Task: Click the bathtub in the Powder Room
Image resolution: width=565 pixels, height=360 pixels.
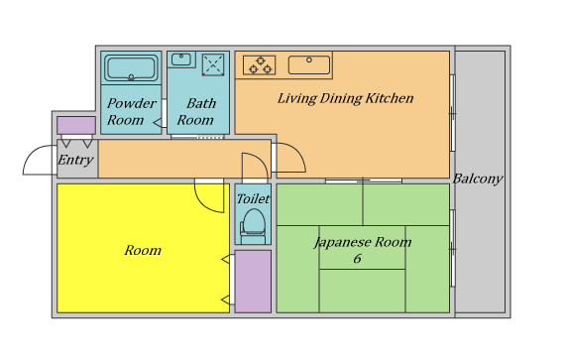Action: point(131,67)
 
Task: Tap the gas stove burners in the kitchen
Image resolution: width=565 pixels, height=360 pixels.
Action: point(260,65)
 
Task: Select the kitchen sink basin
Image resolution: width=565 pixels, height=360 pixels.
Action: point(309,64)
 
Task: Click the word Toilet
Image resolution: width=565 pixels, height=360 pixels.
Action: point(253,198)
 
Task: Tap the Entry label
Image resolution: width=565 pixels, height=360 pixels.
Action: point(75,160)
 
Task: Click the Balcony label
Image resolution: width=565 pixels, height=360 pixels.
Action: point(478,179)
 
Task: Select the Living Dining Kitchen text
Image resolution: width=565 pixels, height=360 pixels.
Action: point(346,98)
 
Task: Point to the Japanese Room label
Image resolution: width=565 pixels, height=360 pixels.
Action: point(363,242)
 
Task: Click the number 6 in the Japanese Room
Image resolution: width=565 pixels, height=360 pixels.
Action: point(358,259)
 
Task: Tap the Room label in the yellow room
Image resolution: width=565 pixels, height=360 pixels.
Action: point(143,250)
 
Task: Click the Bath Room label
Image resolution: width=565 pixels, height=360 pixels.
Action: point(196,111)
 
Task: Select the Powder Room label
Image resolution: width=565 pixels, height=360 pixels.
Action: point(131,111)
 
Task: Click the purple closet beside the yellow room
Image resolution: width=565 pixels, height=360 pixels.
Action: point(253,282)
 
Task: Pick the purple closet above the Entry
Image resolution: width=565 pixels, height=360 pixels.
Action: point(76,125)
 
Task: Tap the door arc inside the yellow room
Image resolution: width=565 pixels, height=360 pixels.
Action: point(203,202)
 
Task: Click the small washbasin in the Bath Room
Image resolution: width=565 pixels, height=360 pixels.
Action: point(180,60)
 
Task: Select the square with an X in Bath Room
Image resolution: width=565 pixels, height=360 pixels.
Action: point(213,64)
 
